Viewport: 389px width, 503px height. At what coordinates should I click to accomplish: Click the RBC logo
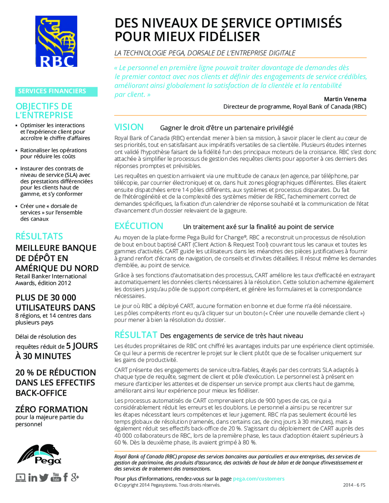click(56, 41)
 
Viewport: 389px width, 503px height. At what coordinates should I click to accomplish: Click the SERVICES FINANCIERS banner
click(56, 91)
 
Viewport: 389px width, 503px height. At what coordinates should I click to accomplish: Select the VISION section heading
click(129, 127)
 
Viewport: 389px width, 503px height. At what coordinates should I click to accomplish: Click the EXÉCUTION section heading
click(139, 226)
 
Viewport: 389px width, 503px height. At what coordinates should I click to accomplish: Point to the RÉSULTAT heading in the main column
click(136, 335)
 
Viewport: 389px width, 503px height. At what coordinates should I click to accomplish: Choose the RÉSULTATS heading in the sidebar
click(39, 236)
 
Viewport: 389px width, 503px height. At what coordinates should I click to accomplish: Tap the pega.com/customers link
click(258, 479)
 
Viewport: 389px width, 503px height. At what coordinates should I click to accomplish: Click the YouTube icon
click(56, 477)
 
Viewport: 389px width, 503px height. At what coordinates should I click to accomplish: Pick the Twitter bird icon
click(44, 478)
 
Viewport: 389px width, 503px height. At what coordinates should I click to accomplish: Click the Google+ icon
click(75, 477)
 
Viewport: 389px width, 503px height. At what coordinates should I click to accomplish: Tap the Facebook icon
click(65, 477)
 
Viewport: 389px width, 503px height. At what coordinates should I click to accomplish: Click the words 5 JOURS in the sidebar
click(82, 346)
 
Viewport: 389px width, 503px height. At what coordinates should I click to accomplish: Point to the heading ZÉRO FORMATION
click(52, 409)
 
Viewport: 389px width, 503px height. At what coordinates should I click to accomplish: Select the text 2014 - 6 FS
click(354, 485)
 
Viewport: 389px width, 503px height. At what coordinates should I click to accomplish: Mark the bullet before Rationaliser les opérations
click(17, 151)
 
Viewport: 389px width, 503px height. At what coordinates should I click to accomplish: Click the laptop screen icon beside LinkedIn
click(21, 478)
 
